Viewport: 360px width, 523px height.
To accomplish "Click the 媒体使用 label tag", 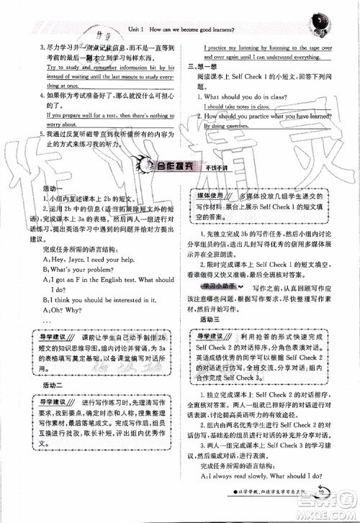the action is [217, 195].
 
